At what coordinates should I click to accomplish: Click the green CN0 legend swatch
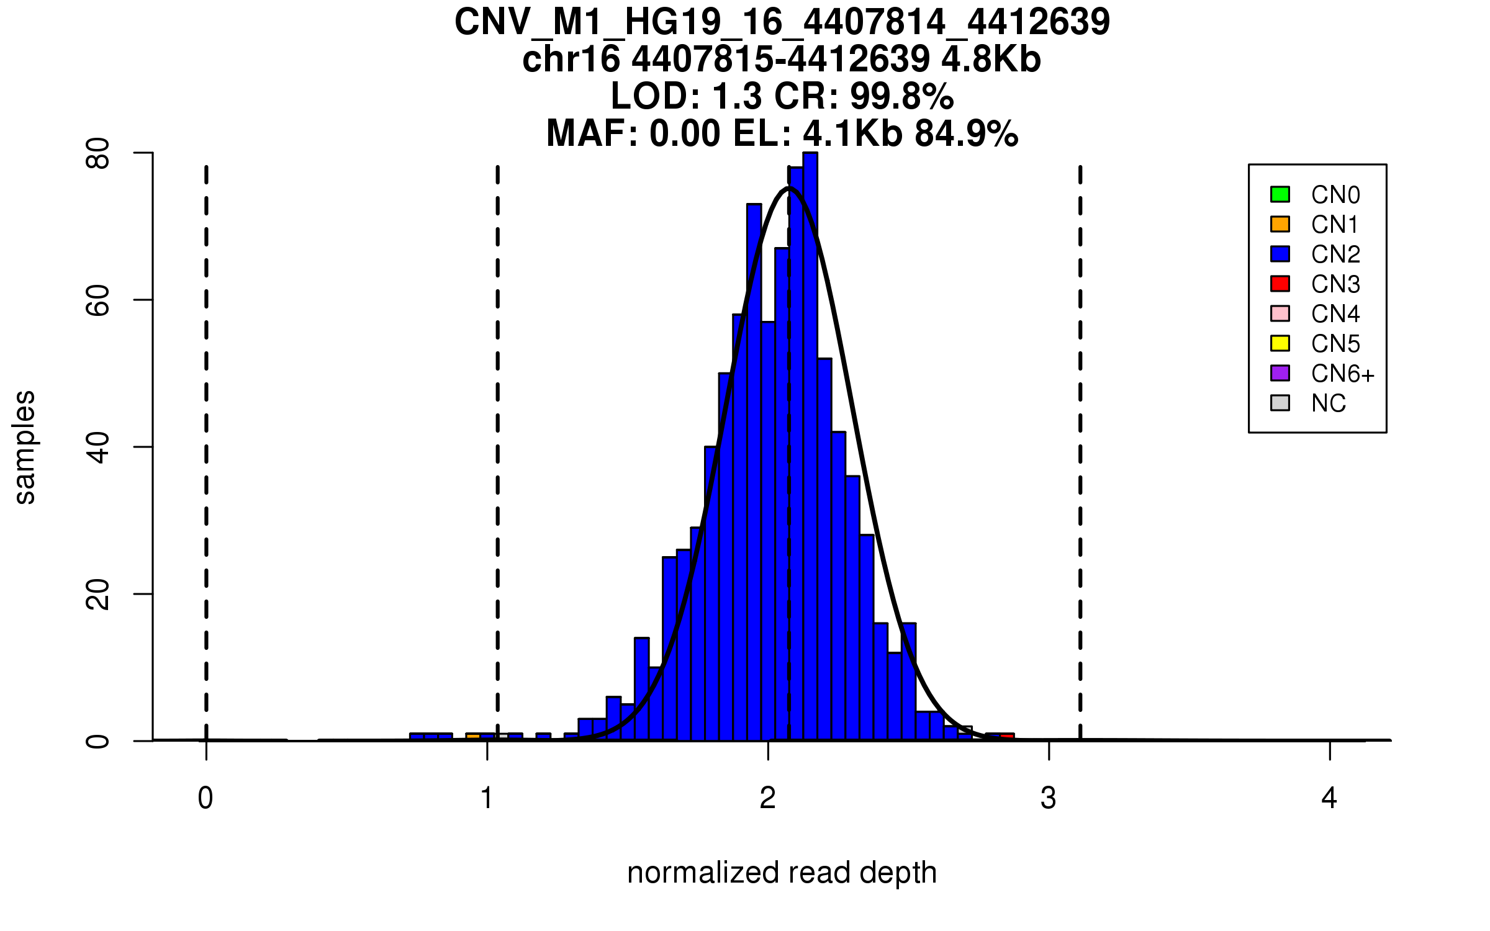tap(1280, 194)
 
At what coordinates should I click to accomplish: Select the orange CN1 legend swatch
tap(1280, 224)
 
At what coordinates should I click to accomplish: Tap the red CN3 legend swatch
tap(1280, 284)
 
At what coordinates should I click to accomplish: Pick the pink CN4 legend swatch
tap(1280, 313)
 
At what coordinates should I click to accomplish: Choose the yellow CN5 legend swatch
tap(1280, 343)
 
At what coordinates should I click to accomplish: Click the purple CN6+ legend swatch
tap(1280, 373)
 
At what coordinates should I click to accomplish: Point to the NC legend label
tap(1329, 403)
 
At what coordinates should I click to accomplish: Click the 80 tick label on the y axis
tap(98, 153)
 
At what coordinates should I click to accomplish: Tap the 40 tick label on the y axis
tap(98, 448)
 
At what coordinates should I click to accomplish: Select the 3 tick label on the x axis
tap(1049, 798)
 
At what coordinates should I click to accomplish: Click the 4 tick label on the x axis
tap(1329, 798)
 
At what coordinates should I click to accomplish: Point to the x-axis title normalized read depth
tap(782, 873)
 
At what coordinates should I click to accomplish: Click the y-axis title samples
tap(25, 447)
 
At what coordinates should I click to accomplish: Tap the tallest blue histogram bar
tap(810, 447)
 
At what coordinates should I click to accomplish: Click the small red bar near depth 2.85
tap(1007, 737)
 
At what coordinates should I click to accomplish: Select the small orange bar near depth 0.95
tap(473, 737)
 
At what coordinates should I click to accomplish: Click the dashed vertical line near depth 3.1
tap(1080, 434)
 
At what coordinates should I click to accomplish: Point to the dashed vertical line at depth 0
tap(206, 434)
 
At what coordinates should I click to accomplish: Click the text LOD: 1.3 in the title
tap(687, 96)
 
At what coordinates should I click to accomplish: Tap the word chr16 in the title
tap(571, 60)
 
